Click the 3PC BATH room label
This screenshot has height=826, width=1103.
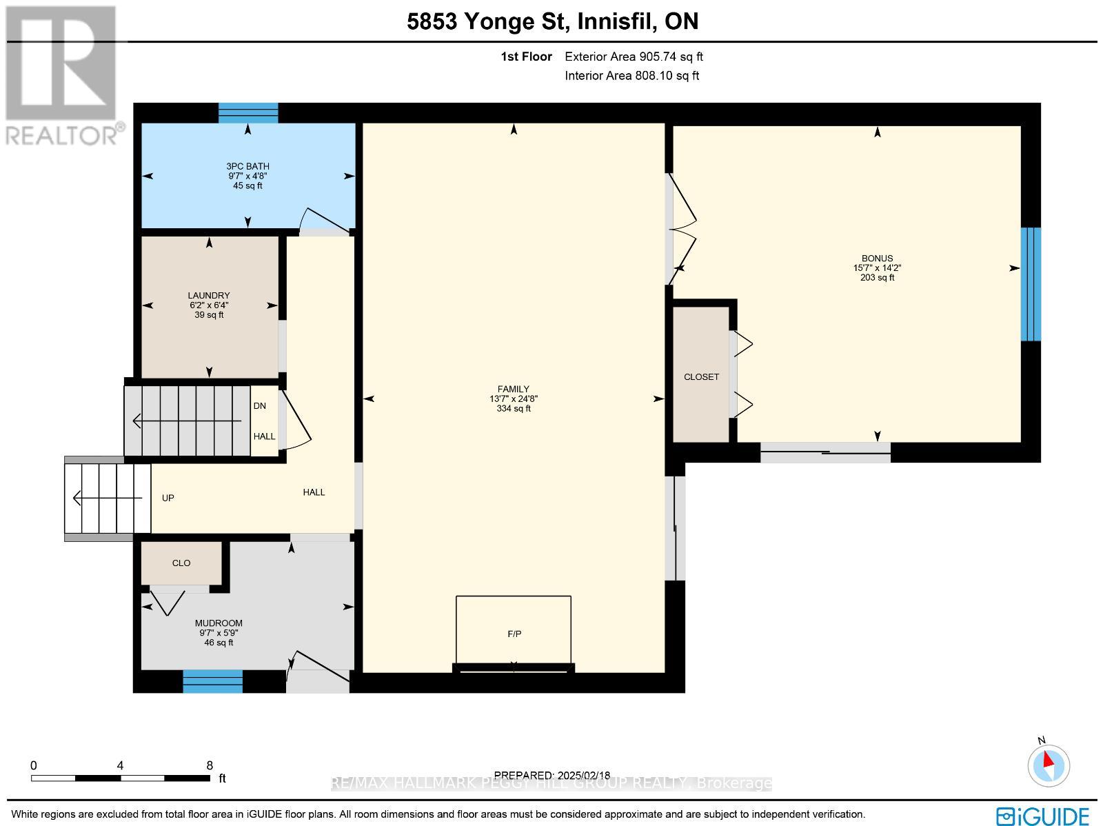247,166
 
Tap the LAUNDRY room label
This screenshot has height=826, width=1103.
209,295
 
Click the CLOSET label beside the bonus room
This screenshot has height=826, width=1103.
701,376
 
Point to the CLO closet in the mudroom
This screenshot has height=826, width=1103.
181,563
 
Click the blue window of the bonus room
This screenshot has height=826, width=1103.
1031,284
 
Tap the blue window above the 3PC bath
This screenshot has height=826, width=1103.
248,112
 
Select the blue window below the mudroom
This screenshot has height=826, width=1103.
212,681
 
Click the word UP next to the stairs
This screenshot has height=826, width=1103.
168,498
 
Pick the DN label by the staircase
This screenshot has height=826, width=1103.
260,405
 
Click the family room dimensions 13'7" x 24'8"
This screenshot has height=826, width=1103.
514,399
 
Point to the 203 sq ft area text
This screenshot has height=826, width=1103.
877,278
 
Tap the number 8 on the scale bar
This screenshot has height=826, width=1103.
210,765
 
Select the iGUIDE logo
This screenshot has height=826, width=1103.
1043,816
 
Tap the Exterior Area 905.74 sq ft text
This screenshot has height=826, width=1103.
634,57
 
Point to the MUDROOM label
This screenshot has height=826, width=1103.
219,623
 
